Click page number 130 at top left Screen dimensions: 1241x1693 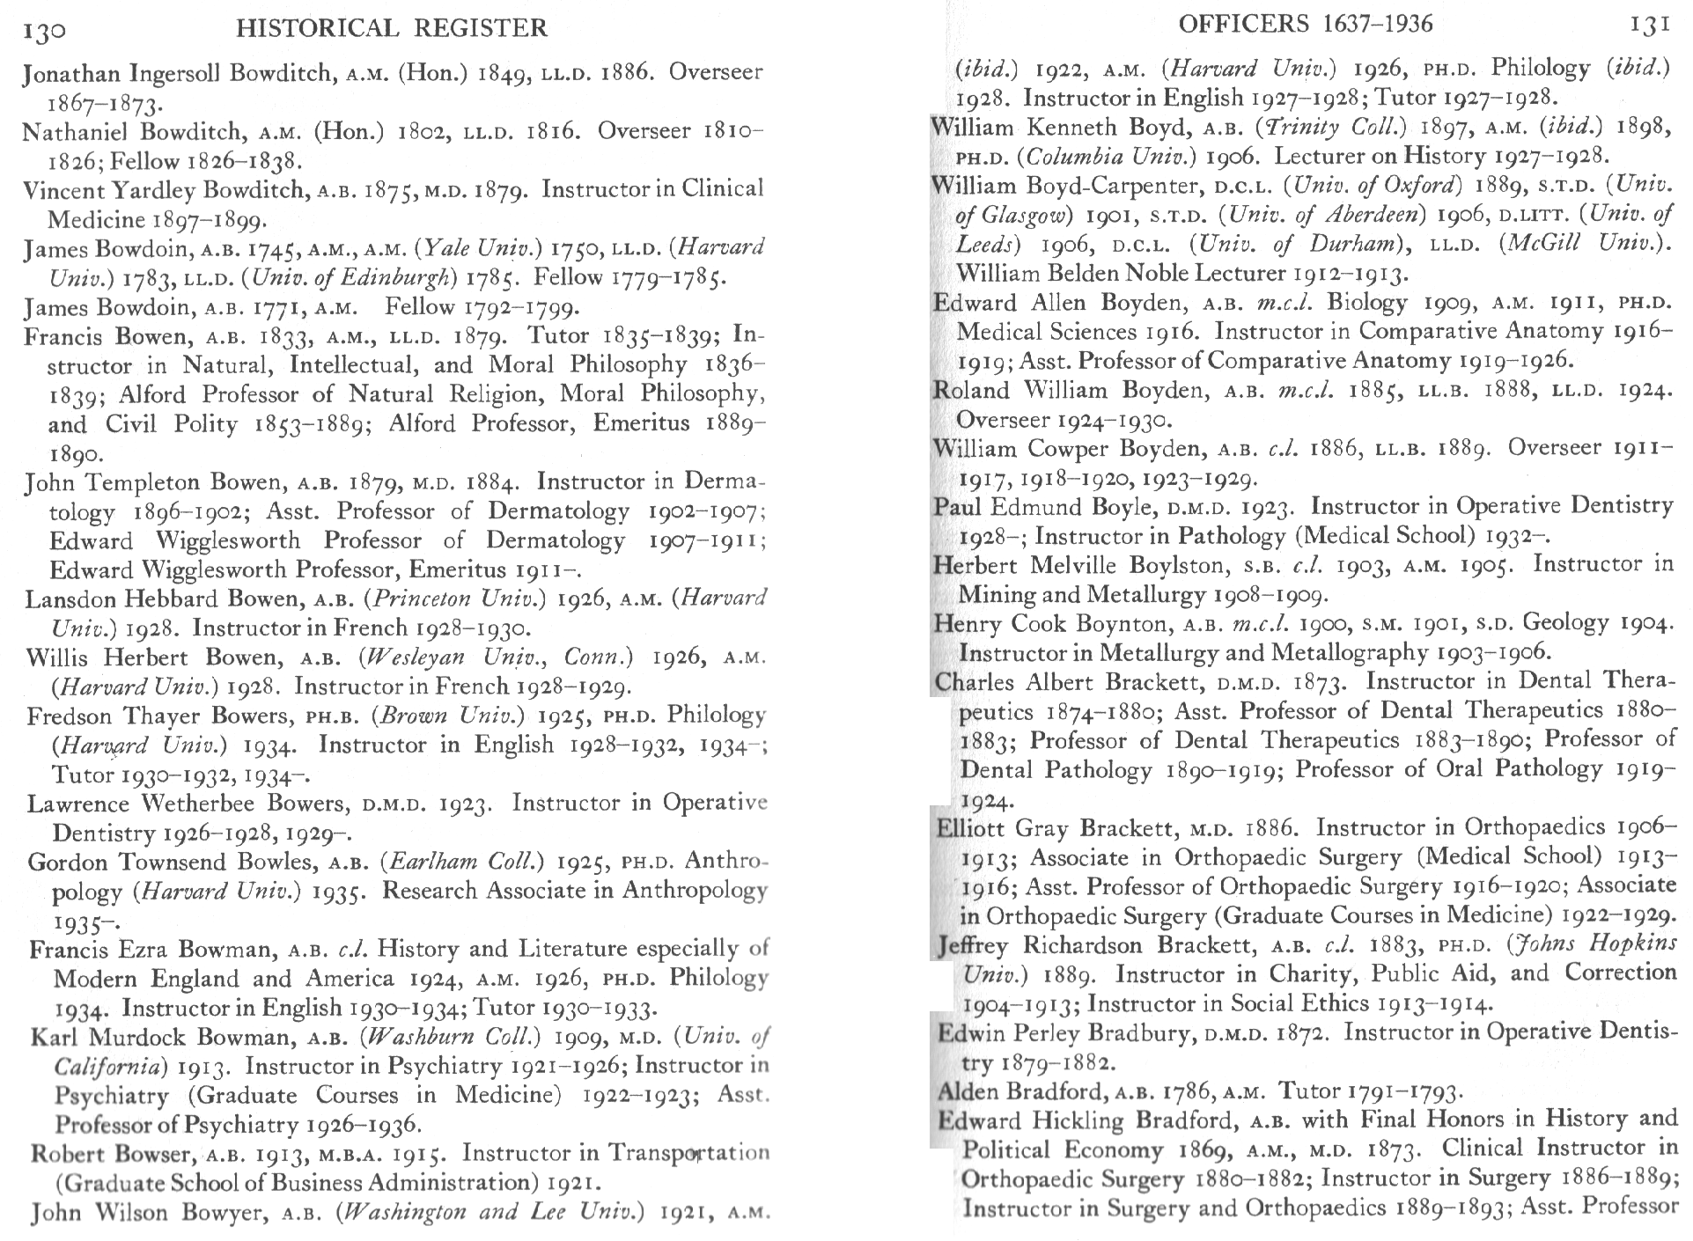pyautogui.click(x=43, y=32)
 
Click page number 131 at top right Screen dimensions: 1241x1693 pyautogui.click(x=1649, y=26)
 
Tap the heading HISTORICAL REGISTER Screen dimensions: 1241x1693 pyautogui.click(x=392, y=29)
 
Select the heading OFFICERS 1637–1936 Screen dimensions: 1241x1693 pyautogui.click(x=1305, y=24)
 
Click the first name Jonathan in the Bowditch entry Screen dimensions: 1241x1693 pyautogui.click(x=72, y=73)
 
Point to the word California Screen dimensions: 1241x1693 pyautogui.click(x=109, y=1067)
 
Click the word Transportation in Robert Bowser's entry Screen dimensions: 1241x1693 pyautogui.click(x=688, y=1153)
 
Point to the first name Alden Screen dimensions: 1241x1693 pyautogui.click(x=968, y=1092)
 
